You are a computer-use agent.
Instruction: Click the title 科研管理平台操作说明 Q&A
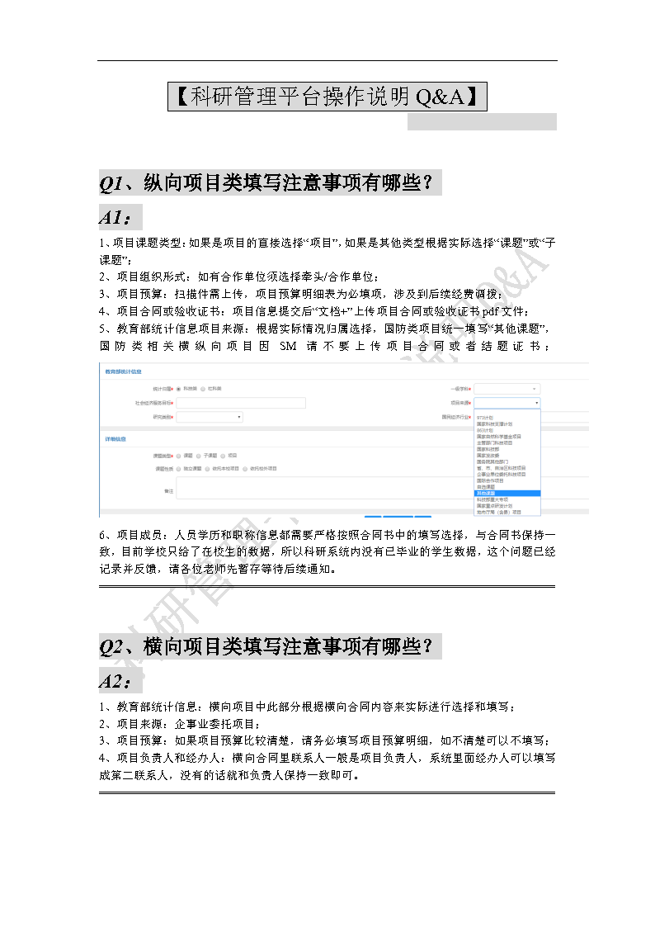click(x=327, y=97)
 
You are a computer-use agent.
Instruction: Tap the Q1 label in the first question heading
click(x=111, y=182)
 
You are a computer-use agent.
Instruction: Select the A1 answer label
click(x=114, y=218)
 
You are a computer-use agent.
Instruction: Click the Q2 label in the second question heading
click(x=111, y=646)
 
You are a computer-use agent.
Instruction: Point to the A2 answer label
click(x=114, y=682)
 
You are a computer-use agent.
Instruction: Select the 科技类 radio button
click(x=178, y=388)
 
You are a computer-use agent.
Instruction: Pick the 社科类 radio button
click(x=203, y=388)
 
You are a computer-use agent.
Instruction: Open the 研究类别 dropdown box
click(x=210, y=418)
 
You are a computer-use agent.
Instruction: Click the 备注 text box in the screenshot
click(x=330, y=490)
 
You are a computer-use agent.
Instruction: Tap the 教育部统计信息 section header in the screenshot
click(x=123, y=371)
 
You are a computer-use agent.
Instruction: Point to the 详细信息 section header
click(x=115, y=438)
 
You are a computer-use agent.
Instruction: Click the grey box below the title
click(x=482, y=122)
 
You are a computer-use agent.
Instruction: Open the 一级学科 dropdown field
click(x=507, y=388)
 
